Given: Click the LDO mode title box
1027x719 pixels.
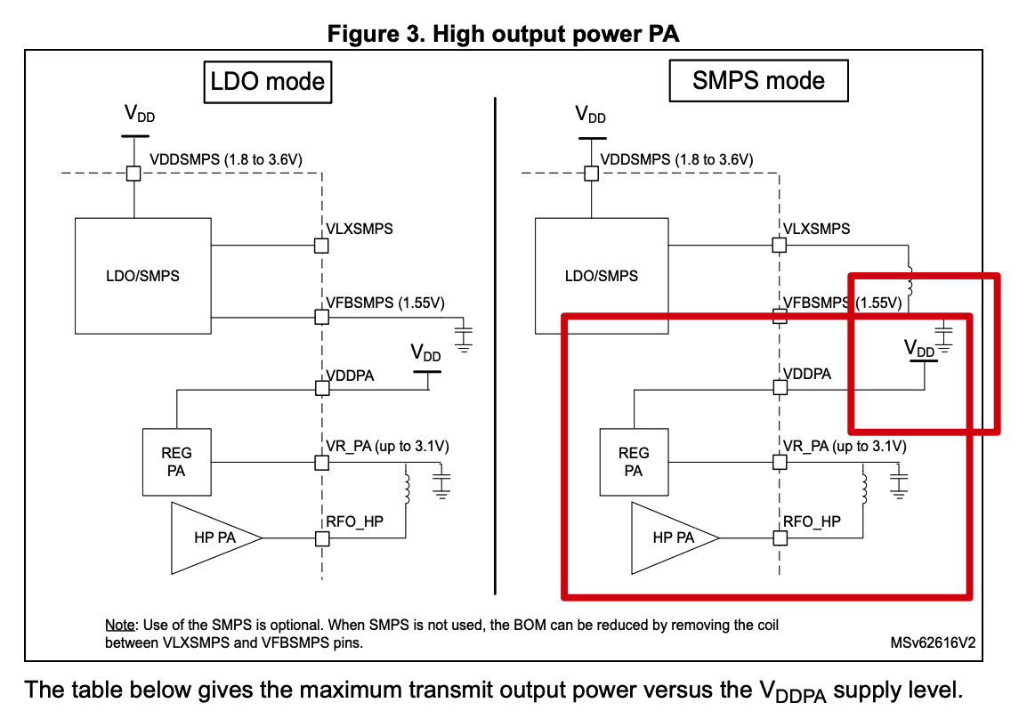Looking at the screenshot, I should [x=267, y=82].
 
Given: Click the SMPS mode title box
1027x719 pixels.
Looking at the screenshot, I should [x=758, y=81].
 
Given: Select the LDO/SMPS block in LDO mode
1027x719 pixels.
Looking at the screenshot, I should [x=142, y=276].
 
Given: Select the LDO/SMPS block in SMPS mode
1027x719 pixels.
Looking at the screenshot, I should [x=602, y=276].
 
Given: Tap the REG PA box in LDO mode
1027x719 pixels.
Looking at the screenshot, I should [x=176, y=462].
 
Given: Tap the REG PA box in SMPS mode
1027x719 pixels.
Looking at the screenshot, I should [x=634, y=462].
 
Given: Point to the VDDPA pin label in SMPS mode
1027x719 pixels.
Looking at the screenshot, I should [x=807, y=374].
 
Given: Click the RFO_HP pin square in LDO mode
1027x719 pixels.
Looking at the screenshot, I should [x=322, y=538].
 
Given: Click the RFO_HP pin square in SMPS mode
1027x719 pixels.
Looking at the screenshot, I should [x=780, y=538].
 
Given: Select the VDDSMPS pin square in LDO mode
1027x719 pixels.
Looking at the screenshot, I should [x=133, y=174].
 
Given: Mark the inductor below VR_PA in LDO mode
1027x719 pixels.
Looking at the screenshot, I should [x=407, y=488].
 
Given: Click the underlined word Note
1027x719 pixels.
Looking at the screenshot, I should [x=120, y=625].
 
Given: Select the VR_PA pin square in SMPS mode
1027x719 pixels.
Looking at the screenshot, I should [x=780, y=463].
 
